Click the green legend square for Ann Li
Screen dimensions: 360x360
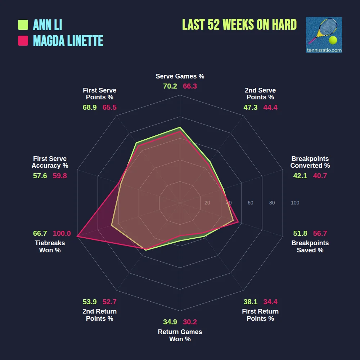coord(23,25)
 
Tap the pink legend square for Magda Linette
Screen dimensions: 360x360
coord(23,41)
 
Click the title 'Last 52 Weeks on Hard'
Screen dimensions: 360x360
coord(239,25)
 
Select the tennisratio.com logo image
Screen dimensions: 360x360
coord(324,35)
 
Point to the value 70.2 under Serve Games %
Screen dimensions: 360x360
coord(170,86)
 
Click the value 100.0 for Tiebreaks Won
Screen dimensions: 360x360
coord(62,233)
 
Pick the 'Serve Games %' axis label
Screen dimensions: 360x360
coord(180,76)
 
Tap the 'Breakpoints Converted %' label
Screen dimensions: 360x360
coord(310,162)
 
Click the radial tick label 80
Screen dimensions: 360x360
coord(272,203)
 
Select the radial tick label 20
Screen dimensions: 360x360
coord(207,203)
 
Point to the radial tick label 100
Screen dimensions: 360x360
coord(295,203)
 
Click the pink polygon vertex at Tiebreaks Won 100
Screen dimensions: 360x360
coord(77,236)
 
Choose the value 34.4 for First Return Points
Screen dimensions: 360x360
coord(270,302)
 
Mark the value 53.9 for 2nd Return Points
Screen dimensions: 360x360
coord(90,302)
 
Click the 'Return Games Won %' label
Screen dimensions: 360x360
coord(180,335)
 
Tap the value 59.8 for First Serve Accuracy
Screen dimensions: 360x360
coord(60,176)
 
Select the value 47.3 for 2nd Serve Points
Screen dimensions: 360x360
coord(250,107)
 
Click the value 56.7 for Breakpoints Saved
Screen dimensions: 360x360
coord(320,233)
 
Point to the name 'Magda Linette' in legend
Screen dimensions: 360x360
coord(68,41)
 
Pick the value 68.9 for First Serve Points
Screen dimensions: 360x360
coord(90,107)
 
